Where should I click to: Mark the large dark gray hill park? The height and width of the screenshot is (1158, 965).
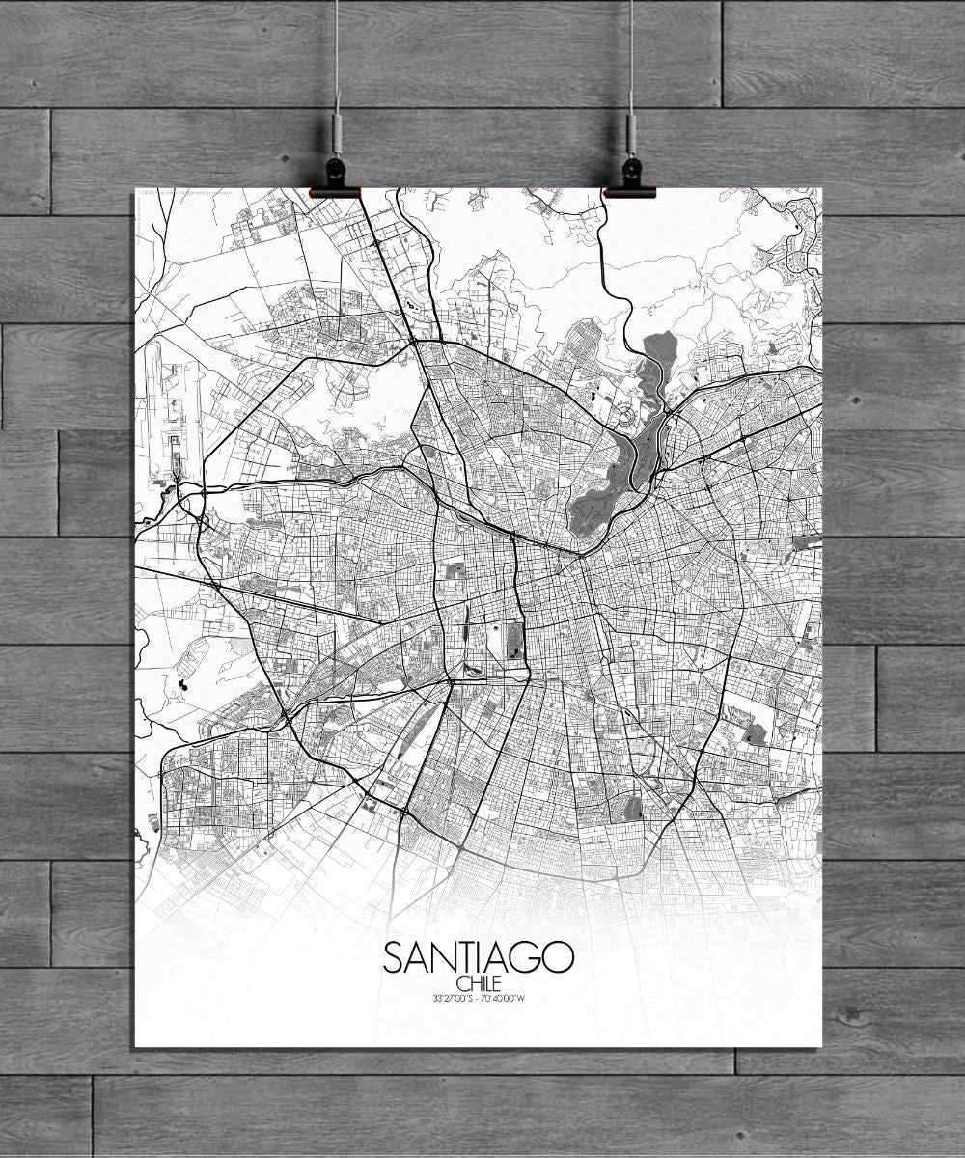pos(603,492)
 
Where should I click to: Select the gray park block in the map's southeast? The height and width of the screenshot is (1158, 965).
pos(755,733)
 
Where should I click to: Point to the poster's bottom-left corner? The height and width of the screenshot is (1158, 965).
pos(134,1047)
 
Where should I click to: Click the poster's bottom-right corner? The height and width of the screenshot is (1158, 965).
pos(822,1047)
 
